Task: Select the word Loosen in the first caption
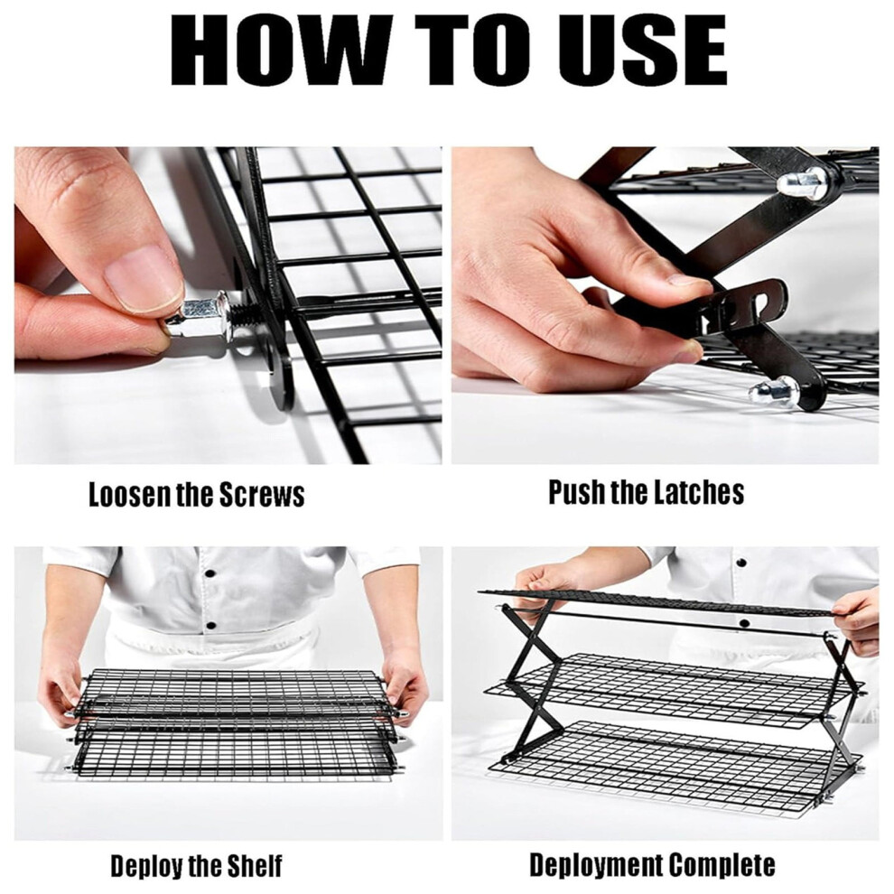tap(130, 494)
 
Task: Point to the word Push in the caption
tap(576, 491)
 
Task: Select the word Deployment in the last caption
tap(595, 865)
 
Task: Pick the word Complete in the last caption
tap(722, 864)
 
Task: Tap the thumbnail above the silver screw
tap(143, 279)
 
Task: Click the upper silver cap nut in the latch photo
tap(804, 181)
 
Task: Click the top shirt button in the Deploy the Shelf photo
tap(211, 573)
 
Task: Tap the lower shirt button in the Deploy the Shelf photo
tap(210, 626)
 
